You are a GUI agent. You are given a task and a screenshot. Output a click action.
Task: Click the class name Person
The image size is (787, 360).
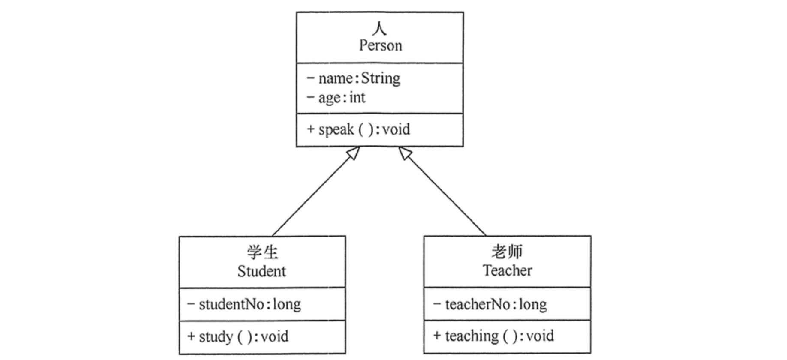click(x=380, y=45)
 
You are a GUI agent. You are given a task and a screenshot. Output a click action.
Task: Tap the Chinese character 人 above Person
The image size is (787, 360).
click(x=380, y=29)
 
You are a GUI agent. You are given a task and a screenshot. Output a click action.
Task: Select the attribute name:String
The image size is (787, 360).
click(x=359, y=78)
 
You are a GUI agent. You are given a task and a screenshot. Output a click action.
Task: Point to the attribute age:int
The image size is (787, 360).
click(x=342, y=98)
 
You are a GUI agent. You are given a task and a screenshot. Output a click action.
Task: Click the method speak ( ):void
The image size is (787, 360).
click(x=364, y=129)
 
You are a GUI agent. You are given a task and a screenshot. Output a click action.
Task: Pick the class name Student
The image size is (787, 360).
click(x=261, y=271)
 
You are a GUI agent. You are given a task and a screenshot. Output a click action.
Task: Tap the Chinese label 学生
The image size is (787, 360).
click(x=262, y=252)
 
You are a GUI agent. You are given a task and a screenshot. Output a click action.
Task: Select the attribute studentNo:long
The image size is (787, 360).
click(x=249, y=304)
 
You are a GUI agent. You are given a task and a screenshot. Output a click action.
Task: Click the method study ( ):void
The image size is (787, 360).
click(x=243, y=336)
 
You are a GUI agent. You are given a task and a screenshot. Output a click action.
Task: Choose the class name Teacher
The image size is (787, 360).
click(x=507, y=270)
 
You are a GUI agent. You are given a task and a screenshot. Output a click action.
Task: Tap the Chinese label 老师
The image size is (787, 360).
click(x=507, y=252)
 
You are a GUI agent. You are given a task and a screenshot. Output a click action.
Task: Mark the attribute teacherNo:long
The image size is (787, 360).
click(x=496, y=304)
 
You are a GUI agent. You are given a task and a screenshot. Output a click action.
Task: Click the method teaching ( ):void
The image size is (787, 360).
click(x=499, y=336)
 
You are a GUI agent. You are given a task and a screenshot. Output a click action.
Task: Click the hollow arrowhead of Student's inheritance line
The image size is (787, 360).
click(x=353, y=153)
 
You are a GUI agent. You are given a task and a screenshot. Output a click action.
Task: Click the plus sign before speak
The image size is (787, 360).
click(x=311, y=129)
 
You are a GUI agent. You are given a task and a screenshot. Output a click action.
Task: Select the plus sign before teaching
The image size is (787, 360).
click(x=437, y=336)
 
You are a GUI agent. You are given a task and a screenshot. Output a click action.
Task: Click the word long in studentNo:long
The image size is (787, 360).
click(x=287, y=304)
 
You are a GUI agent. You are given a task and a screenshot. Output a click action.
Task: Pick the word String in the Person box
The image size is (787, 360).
click(x=381, y=78)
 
